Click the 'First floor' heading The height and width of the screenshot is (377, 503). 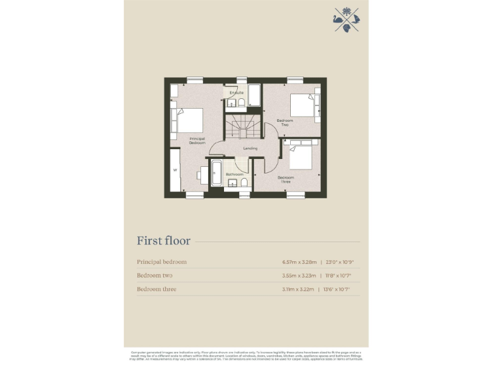tap(164, 241)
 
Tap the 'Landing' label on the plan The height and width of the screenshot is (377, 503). tap(250, 149)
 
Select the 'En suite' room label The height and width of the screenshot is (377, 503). tap(236, 93)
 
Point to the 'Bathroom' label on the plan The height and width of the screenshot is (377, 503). tap(234, 175)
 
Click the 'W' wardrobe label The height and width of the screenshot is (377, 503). tap(175, 170)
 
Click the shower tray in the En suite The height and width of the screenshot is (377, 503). tap(254, 94)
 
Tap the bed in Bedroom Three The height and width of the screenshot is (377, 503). tap(301, 157)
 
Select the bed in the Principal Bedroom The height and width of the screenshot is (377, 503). tap(188, 120)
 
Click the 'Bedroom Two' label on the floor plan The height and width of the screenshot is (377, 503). tap(284, 122)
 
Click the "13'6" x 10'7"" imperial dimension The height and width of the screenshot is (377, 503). tap(342, 289)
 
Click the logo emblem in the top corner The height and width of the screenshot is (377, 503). tap(346, 19)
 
